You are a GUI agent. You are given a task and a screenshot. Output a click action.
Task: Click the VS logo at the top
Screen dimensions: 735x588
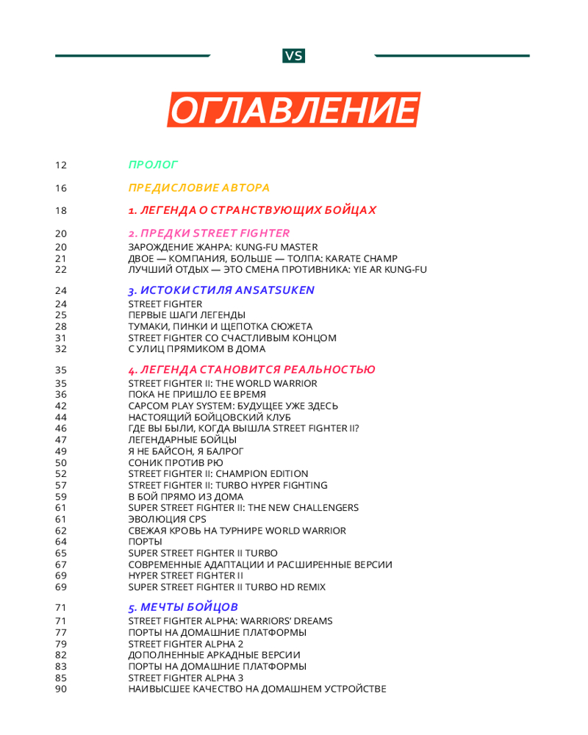[x=293, y=56]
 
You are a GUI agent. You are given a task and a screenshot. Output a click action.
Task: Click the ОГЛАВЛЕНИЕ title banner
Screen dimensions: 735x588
[x=293, y=110]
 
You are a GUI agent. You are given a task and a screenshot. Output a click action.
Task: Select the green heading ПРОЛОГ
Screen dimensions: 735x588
[x=153, y=165]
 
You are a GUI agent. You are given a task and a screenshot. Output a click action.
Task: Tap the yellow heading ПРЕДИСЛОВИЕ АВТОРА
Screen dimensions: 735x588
[x=198, y=187]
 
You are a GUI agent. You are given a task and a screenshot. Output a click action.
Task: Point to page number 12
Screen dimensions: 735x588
[x=61, y=165]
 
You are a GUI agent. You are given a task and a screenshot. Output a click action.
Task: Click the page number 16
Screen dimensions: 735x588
[x=61, y=188]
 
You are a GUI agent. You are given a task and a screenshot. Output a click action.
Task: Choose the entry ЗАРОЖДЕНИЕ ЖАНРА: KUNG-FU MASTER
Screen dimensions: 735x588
[x=223, y=247]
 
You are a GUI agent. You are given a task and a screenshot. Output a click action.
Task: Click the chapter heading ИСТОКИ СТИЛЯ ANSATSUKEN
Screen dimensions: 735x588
[x=221, y=290]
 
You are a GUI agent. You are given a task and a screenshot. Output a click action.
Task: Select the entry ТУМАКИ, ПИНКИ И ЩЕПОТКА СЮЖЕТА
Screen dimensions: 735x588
[x=220, y=326]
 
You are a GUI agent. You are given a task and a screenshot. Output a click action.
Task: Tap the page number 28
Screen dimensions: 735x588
[x=61, y=326]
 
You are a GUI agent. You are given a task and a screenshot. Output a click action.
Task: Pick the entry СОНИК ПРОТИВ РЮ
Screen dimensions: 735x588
[x=175, y=463]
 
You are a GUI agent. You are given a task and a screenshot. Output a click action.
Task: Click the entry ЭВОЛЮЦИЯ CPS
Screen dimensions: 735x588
[x=168, y=519]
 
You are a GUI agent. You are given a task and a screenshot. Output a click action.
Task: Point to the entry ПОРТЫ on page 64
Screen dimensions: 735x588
[x=145, y=542]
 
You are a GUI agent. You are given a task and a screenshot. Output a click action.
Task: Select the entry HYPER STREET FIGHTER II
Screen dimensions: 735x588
[x=185, y=576]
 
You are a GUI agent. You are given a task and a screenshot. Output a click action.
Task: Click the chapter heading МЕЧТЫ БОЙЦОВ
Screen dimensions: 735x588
[x=183, y=608]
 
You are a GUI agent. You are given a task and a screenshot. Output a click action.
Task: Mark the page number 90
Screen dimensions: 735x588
[x=61, y=689]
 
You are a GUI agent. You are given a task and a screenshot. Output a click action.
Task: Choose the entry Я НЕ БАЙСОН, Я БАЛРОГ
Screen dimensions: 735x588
[x=185, y=451]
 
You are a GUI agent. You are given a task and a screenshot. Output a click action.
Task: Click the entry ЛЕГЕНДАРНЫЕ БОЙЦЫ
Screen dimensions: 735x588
[x=182, y=440]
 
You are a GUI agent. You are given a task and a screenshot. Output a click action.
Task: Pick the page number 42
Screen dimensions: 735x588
[x=61, y=406]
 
